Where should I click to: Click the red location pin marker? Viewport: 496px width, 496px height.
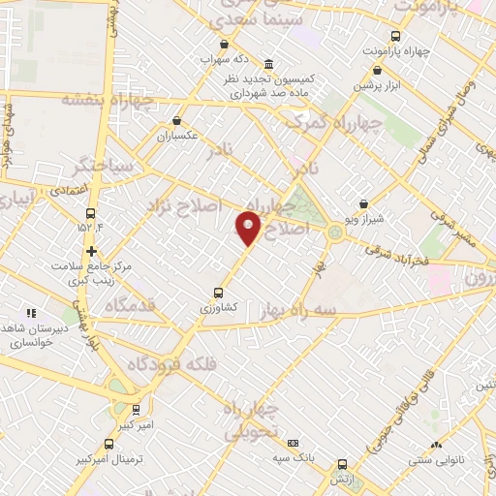[x=248, y=227]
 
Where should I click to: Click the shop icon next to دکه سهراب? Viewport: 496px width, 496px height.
[x=225, y=44]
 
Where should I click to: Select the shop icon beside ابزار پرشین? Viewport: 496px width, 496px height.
[x=378, y=70]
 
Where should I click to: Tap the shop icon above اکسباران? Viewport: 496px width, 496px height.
[x=177, y=121]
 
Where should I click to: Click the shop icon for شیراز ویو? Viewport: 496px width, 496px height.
[x=363, y=204]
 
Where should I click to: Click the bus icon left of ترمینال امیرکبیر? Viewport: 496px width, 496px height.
[x=107, y=445]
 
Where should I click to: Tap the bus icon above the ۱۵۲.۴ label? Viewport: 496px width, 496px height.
[x=91, y=213]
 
